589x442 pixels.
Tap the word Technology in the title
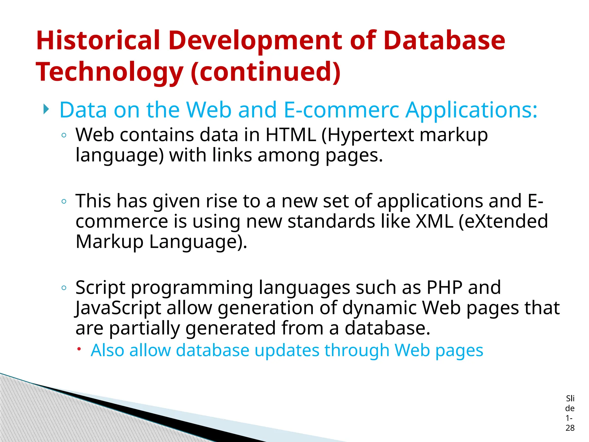coord(109,72)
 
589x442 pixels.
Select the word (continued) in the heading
coord(265,72)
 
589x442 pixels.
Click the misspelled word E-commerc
coord(341,110)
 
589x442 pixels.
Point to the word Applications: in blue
coord(471,110)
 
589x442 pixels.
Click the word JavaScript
coord(118,308)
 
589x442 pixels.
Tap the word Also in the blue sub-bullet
coord(107,350)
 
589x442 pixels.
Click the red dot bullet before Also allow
coord(79,349)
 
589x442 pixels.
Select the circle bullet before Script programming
coord(64,287)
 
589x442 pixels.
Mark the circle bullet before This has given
coord(64,201)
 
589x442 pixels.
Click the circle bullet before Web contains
coord(64,135)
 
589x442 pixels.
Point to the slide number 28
coord(570,428)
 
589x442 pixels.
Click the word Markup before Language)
coord(109,242)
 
